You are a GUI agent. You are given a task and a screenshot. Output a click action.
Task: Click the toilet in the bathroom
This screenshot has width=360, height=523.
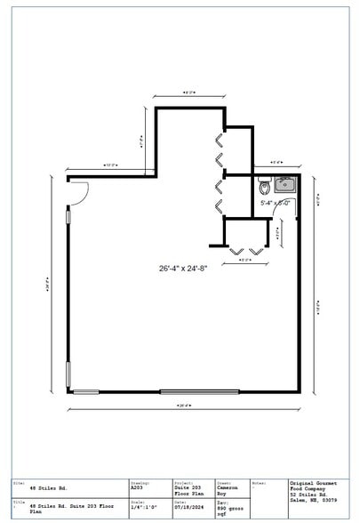coord(263,188)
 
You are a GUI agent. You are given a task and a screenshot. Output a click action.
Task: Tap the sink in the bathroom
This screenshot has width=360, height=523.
coord(284,185)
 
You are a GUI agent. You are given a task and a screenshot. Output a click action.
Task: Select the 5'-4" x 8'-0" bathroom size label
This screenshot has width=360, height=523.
coord(276,203)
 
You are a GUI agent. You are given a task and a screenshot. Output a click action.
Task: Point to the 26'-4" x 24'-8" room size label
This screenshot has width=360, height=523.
coord(183,268)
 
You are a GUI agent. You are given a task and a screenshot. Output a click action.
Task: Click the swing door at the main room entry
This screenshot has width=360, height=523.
coord(77,191)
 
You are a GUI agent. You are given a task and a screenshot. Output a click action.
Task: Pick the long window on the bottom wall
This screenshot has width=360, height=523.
coord(199,391)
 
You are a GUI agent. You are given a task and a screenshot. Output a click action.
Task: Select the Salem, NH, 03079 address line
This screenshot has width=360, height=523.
coord(314,501)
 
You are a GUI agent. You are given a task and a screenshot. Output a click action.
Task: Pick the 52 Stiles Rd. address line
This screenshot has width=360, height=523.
coord(308,495)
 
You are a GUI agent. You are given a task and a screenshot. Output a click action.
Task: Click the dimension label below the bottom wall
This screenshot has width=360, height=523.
coord(183,406)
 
